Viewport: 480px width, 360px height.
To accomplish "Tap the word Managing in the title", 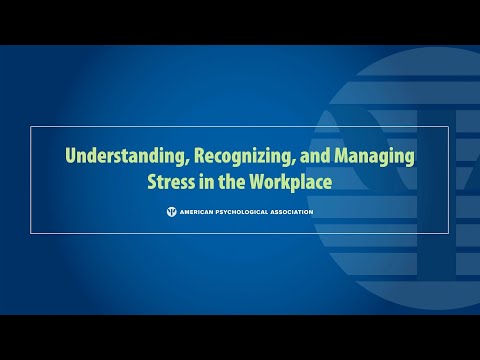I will point(374,157).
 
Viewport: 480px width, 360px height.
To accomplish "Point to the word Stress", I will point(174,183).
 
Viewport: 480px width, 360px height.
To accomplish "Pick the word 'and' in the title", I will point(314,157).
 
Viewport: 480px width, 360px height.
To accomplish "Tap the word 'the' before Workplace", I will point(233,183).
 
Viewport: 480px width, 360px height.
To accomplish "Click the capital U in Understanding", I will point(71,157).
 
